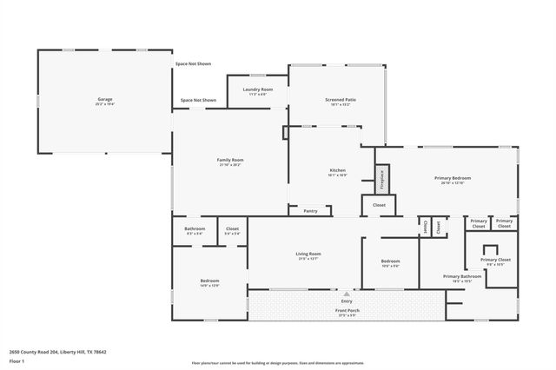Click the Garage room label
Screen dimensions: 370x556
pyautogui.click(x=104, y=100)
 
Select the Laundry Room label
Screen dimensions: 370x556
pyautogui.click(x=256, y=89)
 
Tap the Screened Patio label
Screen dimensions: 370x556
pyautogui.click(x=340, y=100)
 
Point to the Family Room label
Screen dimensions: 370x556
pyautogui.click(x=230, y=160)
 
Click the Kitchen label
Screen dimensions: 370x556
pyautogui.click(x=338, y=169)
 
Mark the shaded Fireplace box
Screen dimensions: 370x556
pyautogui.click(x=381, y=180)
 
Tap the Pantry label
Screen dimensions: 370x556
pyautogui.click(x=310, y=211)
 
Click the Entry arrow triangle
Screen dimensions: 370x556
pyautogui.click(x=347, y=294)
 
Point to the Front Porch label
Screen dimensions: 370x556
pyautogui.click(x=347, y=310)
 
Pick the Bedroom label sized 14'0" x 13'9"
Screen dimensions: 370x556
pyautogui.click(x=210, y=281)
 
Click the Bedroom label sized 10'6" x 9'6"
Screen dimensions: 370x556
pyautogui.click(x=390, y=261)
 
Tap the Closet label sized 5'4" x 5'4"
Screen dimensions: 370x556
pyautogui.click(x=232, y=228)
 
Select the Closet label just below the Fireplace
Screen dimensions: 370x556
pyautogui.click(x=379, y=205)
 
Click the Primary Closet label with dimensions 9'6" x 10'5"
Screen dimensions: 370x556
pyautogui.click(x=495, y=260)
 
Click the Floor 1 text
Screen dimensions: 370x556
pyautogui.click(x=17, y=360)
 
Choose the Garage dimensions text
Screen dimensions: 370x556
pyautogui.click(x=104, y=104)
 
